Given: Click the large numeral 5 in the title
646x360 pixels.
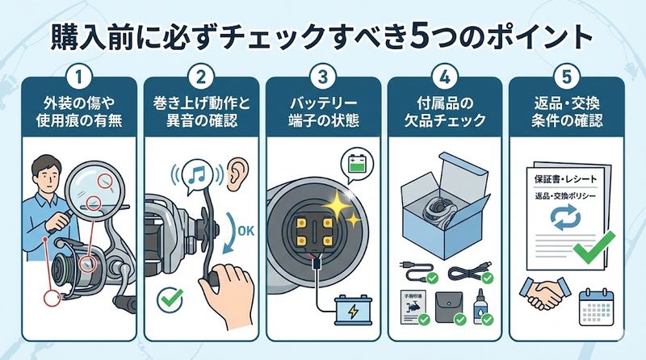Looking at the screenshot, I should click(x=419, y=37).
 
